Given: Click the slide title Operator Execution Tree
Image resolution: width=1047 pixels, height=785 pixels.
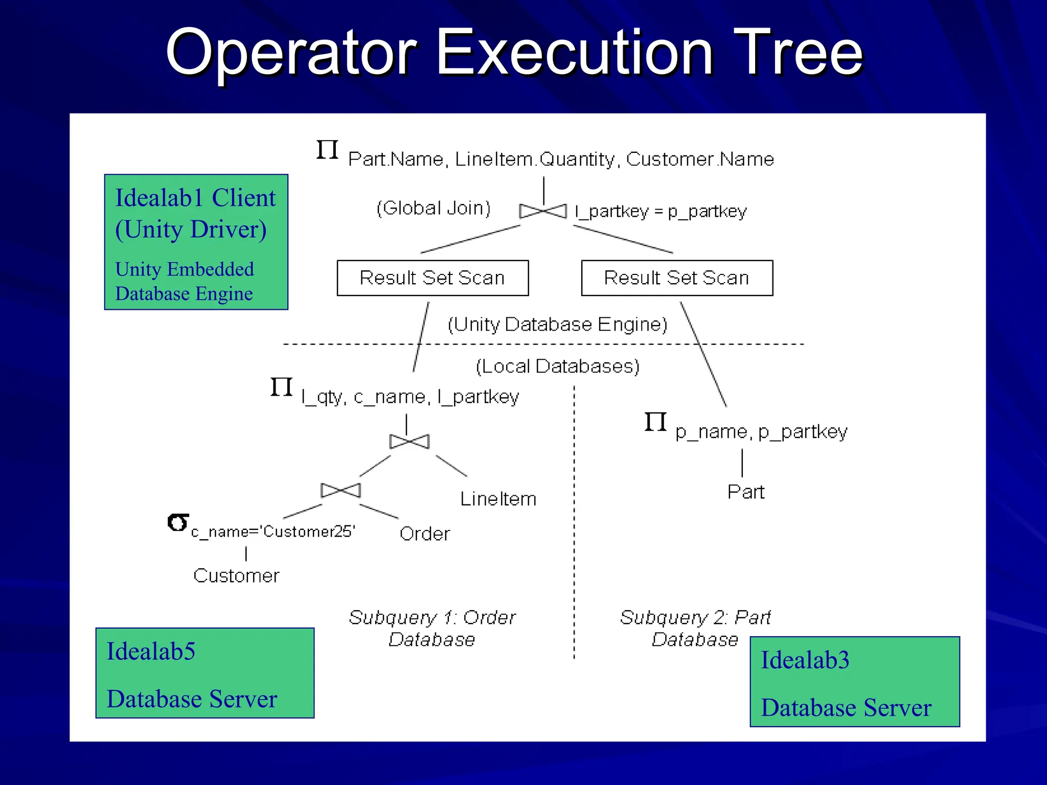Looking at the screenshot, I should [514, 53].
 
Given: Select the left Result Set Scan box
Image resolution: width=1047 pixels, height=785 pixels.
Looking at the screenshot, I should [433, 278].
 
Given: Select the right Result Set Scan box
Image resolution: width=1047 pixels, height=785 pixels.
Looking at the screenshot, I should [677, 278].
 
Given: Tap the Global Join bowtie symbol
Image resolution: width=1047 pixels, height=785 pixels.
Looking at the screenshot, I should [543, 211].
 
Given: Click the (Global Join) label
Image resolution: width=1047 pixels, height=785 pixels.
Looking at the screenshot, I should [434, 209].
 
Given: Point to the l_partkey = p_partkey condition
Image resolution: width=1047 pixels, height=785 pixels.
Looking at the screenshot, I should [661, 211].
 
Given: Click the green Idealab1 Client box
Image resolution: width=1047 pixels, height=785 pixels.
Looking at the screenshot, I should [196, 242].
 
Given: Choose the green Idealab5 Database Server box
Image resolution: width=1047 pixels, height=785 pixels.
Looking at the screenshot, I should [204, 673].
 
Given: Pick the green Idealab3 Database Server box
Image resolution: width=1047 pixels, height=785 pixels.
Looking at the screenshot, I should [855, 682].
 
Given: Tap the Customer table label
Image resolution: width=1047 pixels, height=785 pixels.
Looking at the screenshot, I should [236, 576].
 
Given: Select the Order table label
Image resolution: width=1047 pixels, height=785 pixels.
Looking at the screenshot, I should [425, 534].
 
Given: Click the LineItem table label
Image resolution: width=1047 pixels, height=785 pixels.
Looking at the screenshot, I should [498, 499].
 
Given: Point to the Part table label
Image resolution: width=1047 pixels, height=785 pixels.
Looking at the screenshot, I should [746, 492].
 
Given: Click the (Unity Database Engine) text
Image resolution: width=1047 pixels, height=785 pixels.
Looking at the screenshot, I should [558, 325].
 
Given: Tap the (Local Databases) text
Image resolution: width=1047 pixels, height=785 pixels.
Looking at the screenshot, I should [558, 366].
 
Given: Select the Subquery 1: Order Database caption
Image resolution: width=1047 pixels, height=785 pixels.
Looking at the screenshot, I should [432, 629].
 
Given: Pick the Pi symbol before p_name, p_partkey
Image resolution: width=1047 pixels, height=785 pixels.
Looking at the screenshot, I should [655, 422].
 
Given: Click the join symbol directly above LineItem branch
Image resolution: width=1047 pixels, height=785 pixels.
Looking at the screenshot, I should [409, 442].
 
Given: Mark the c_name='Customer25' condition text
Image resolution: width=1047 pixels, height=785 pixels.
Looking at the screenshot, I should [273, 532].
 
